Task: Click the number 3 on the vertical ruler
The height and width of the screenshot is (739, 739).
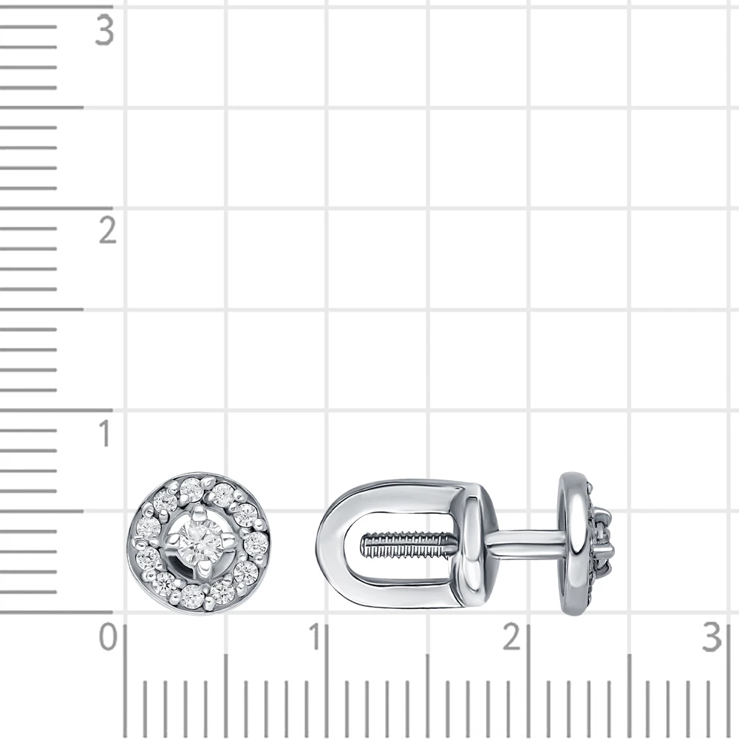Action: pos(104,30)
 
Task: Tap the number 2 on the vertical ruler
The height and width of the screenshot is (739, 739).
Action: pos(107,231)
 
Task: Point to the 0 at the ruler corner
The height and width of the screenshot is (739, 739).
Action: pos(108,637)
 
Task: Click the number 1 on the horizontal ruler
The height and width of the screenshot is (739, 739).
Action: pos(314,637)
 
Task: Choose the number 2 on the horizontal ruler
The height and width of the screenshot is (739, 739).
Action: pos(512,637)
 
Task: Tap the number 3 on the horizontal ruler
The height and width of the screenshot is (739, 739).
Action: pos(712,637)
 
